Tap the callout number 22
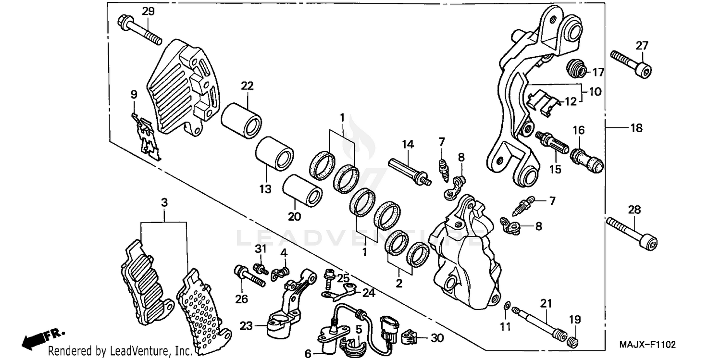pos(247,86)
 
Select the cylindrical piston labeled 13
pos(274,152)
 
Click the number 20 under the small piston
pos(294,216)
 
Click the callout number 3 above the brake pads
pos(164,203)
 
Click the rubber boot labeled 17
pos(576,68)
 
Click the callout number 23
pos(246,325)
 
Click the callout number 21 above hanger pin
pos(546,303)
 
